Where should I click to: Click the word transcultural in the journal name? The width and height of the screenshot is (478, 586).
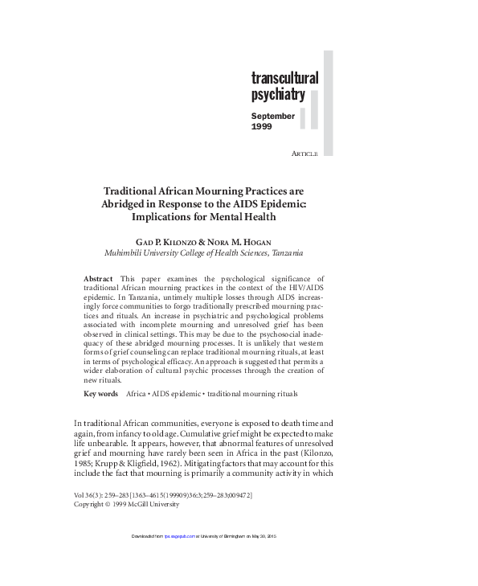(284, 79)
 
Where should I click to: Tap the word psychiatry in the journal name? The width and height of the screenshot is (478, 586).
(277, 96)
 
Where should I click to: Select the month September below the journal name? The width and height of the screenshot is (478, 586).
(273, 116)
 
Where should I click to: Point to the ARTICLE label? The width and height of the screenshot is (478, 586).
(305, 154)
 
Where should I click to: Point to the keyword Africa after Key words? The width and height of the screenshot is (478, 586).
(137, 394)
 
